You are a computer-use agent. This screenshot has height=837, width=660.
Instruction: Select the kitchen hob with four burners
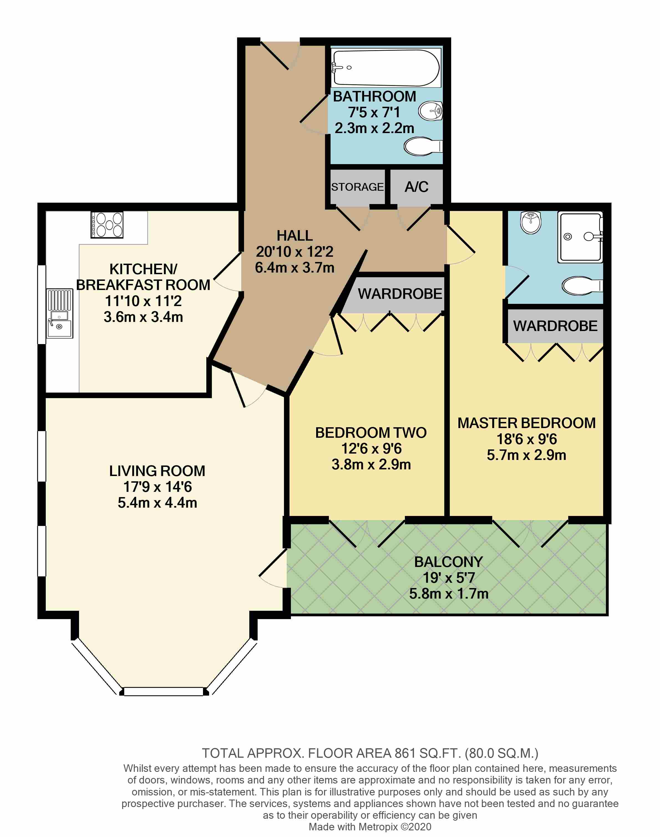tap(107, 224)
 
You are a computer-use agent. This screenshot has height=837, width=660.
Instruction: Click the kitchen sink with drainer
tap(60, 313)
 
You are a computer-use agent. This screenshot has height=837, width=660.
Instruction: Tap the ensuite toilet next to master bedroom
tap(582, 286)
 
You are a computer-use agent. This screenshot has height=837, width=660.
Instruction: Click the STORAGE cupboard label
tap(357, 187)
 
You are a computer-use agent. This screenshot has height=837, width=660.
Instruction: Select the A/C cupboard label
tap(416, 187)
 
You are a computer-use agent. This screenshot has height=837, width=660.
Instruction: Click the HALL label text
tap(295, 236)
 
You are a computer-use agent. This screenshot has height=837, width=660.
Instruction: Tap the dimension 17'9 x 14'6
tap(157, 487)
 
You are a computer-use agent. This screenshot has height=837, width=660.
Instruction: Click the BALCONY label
tap(448, 562)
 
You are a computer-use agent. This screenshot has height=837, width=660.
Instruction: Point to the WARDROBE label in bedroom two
tap(400, 294)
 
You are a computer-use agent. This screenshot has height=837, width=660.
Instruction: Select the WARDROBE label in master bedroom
tap(555, 326)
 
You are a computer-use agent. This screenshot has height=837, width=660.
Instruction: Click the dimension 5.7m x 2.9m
tap(526, 455)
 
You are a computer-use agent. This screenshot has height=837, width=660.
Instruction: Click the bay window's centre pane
tap(163, 691)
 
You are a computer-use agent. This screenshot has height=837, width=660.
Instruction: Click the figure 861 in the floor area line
tap(405, 753)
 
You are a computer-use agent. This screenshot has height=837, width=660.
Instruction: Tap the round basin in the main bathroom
tap(430, 111)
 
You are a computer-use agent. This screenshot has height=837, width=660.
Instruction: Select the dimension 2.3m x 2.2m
tap(374, 128)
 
